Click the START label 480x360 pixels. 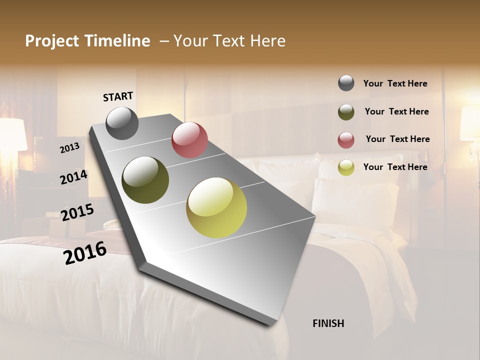click(118, 96)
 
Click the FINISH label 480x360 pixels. click(328, 323)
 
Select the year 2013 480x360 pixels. click(69, 147)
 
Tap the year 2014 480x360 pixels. click(73, 177)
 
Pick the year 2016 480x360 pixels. click(85, 253)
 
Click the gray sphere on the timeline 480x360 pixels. click(122, 123)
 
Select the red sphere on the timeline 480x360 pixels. click(189, 140)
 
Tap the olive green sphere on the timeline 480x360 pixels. click(145, 180)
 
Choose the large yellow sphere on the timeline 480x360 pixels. click(216, 207)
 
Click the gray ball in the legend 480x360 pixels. click(346, 83)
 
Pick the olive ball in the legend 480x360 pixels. click(346, 112)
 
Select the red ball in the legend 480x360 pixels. click(346, 140)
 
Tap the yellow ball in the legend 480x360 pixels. click(346, 167)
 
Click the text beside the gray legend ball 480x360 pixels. click(395, 83)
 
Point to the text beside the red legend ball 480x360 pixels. click(397, 139)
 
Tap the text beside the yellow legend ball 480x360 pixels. click(395, 167)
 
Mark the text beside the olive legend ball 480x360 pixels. click(396, 111)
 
